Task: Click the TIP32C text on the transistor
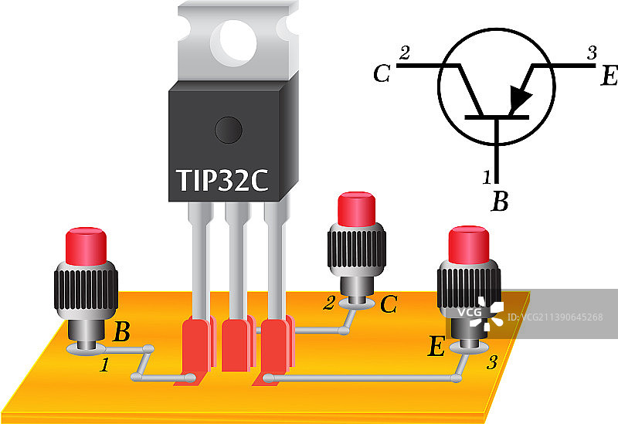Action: point(222,179)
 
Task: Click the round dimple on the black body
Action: point(229,129)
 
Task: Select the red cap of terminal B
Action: point(86,246)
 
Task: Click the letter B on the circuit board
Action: point(122,334)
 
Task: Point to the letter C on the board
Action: point(389,306)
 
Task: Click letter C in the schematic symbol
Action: point(381,74)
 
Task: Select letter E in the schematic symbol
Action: point(608,76)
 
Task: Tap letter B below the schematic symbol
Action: point(501,202)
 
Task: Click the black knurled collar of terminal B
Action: point(86,290)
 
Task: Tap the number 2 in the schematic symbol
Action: point(404,53)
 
